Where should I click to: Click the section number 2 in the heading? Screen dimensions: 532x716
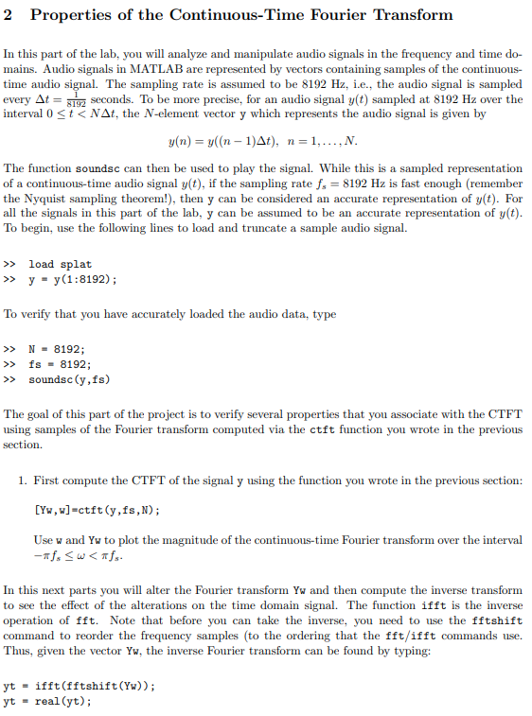click(10, 15)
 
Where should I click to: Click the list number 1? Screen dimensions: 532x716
click(22, 481)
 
